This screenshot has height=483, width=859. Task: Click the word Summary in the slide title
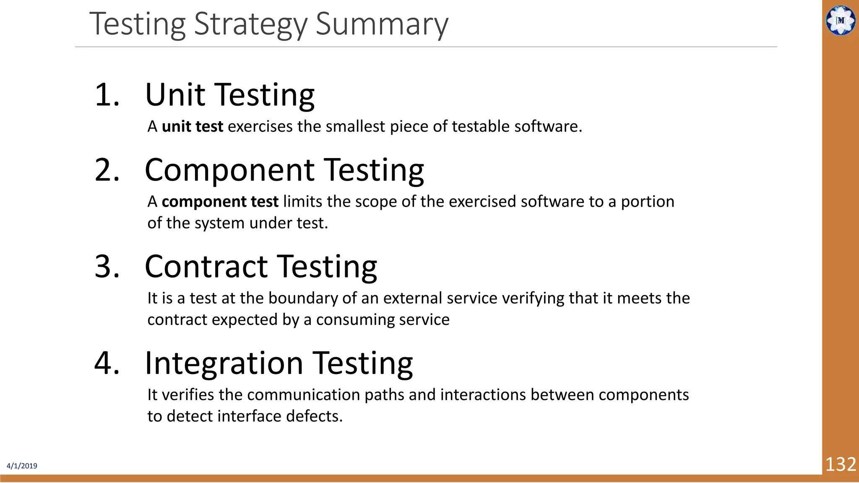pos(382,24)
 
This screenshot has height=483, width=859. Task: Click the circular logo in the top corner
pos(840,20)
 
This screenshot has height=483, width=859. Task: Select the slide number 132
pos(840,465)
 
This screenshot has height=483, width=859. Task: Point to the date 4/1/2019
pos(22,466)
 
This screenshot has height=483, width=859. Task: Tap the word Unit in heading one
pos(175,95)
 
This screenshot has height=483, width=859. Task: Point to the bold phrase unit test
pos(192,127)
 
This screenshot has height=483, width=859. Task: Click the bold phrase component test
pos(220,202)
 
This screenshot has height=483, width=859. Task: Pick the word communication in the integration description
pos(306,395)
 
